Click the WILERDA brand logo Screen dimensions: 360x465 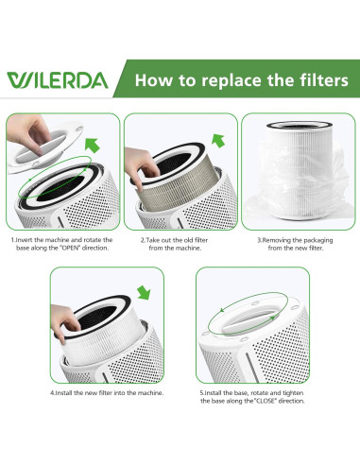tap(58, 80)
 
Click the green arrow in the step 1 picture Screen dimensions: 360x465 tap(92, 146)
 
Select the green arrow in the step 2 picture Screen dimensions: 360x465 tap(218, 141)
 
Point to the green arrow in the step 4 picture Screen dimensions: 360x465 tap(144, 292)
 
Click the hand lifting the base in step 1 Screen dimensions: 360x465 tap(27, 133)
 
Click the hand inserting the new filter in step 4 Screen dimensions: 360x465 tap(64, 320)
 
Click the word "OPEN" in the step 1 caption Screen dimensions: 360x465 tap(69, 248)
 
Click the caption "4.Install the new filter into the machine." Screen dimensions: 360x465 tap(107, 393)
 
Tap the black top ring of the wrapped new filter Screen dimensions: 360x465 tap(299, 125)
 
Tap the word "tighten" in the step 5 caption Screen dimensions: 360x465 tap(293, 393)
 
